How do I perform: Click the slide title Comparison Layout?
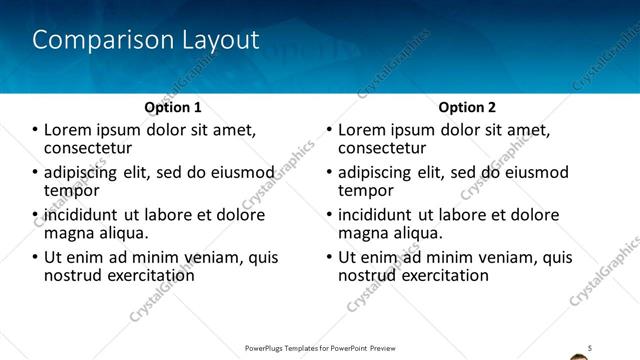[146, 40]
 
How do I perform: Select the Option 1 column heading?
[173, 107]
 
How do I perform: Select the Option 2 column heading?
[467, 107]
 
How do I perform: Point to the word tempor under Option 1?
[72, 190]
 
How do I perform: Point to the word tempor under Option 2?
[366, 190]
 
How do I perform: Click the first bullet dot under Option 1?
[35, 130]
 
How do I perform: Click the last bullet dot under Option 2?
[329, 257]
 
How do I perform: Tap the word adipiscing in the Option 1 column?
[83, 172]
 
